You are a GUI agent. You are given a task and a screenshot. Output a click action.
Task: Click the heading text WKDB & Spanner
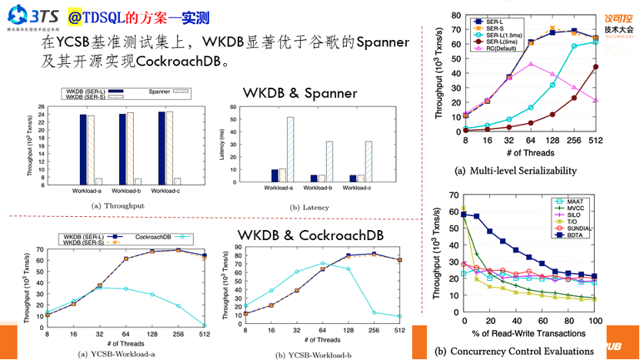(x=300, y=93)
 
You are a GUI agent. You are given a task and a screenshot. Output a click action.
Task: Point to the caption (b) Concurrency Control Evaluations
(x=514, y=351)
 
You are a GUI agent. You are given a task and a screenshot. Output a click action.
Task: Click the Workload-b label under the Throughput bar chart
(x=125, y=189)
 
